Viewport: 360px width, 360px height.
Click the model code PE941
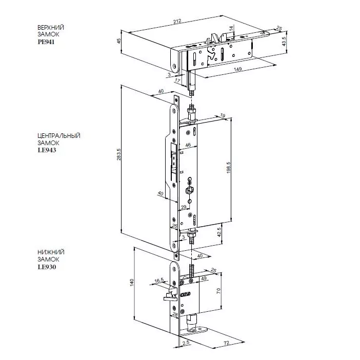click(x=46, y=42)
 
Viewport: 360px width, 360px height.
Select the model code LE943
click(x=47, y=150)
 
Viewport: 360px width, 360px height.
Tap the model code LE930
click(x=47, y=267)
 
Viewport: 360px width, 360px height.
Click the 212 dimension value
click(x=177, y=22)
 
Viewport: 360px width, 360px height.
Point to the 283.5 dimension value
click(x=119, y=154)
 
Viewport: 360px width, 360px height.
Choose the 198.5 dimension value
click(x=228, y=167)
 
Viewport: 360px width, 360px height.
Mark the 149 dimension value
click(x=237, y=69)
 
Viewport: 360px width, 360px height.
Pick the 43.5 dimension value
click(x=284, y=42)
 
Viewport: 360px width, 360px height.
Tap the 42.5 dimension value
click(x=219, y=232)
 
